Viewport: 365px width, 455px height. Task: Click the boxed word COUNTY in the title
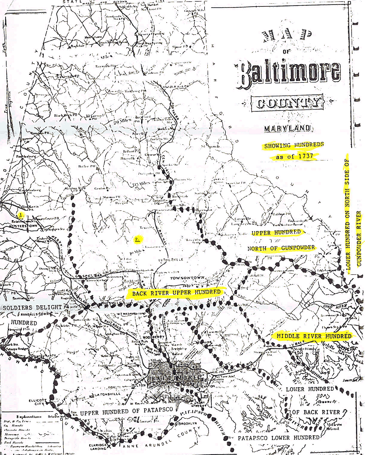[287, 103]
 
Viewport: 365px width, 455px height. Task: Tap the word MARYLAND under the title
[287, 128]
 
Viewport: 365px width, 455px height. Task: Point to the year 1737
[305, 156]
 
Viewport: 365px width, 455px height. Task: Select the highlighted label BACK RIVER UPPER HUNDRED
[176, 293]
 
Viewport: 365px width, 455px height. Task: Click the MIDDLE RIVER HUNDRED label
[314, 336]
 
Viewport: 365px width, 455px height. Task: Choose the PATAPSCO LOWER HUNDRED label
[278, 438]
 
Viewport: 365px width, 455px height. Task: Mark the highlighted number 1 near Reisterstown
[21, 215]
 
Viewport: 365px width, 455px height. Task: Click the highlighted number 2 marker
[137, 239]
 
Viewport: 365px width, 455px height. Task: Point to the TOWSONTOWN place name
[187, 278]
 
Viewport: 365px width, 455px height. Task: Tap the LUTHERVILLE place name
[171, 260]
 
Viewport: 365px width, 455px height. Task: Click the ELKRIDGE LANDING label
[98, 447]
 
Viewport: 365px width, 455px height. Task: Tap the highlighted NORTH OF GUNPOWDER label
[281, 248]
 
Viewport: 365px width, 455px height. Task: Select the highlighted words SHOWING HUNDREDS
[294, 145]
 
